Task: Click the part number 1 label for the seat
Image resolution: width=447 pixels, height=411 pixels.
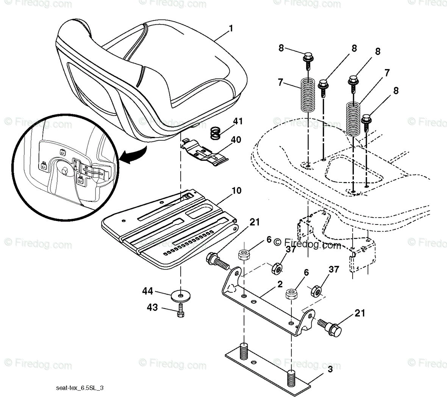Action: click(x=231, y=28)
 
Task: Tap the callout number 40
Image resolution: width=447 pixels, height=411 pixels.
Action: click(x=236, y=140)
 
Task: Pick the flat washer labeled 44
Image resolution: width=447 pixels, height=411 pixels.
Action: click(x=181, y=295)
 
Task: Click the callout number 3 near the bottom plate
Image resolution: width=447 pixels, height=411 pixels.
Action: click(x=330, y=369)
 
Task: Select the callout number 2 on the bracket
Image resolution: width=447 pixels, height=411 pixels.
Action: click(x=280, y=284)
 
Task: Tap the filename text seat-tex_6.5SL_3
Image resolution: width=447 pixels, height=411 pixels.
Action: click(x=79, y=388)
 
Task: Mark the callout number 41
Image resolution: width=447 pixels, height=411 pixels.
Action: click(x=238, y=122)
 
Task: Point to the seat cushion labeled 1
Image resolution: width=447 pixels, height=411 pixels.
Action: click(x=152, y=76)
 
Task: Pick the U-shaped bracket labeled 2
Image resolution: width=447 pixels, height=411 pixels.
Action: click(x=265, y=303)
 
